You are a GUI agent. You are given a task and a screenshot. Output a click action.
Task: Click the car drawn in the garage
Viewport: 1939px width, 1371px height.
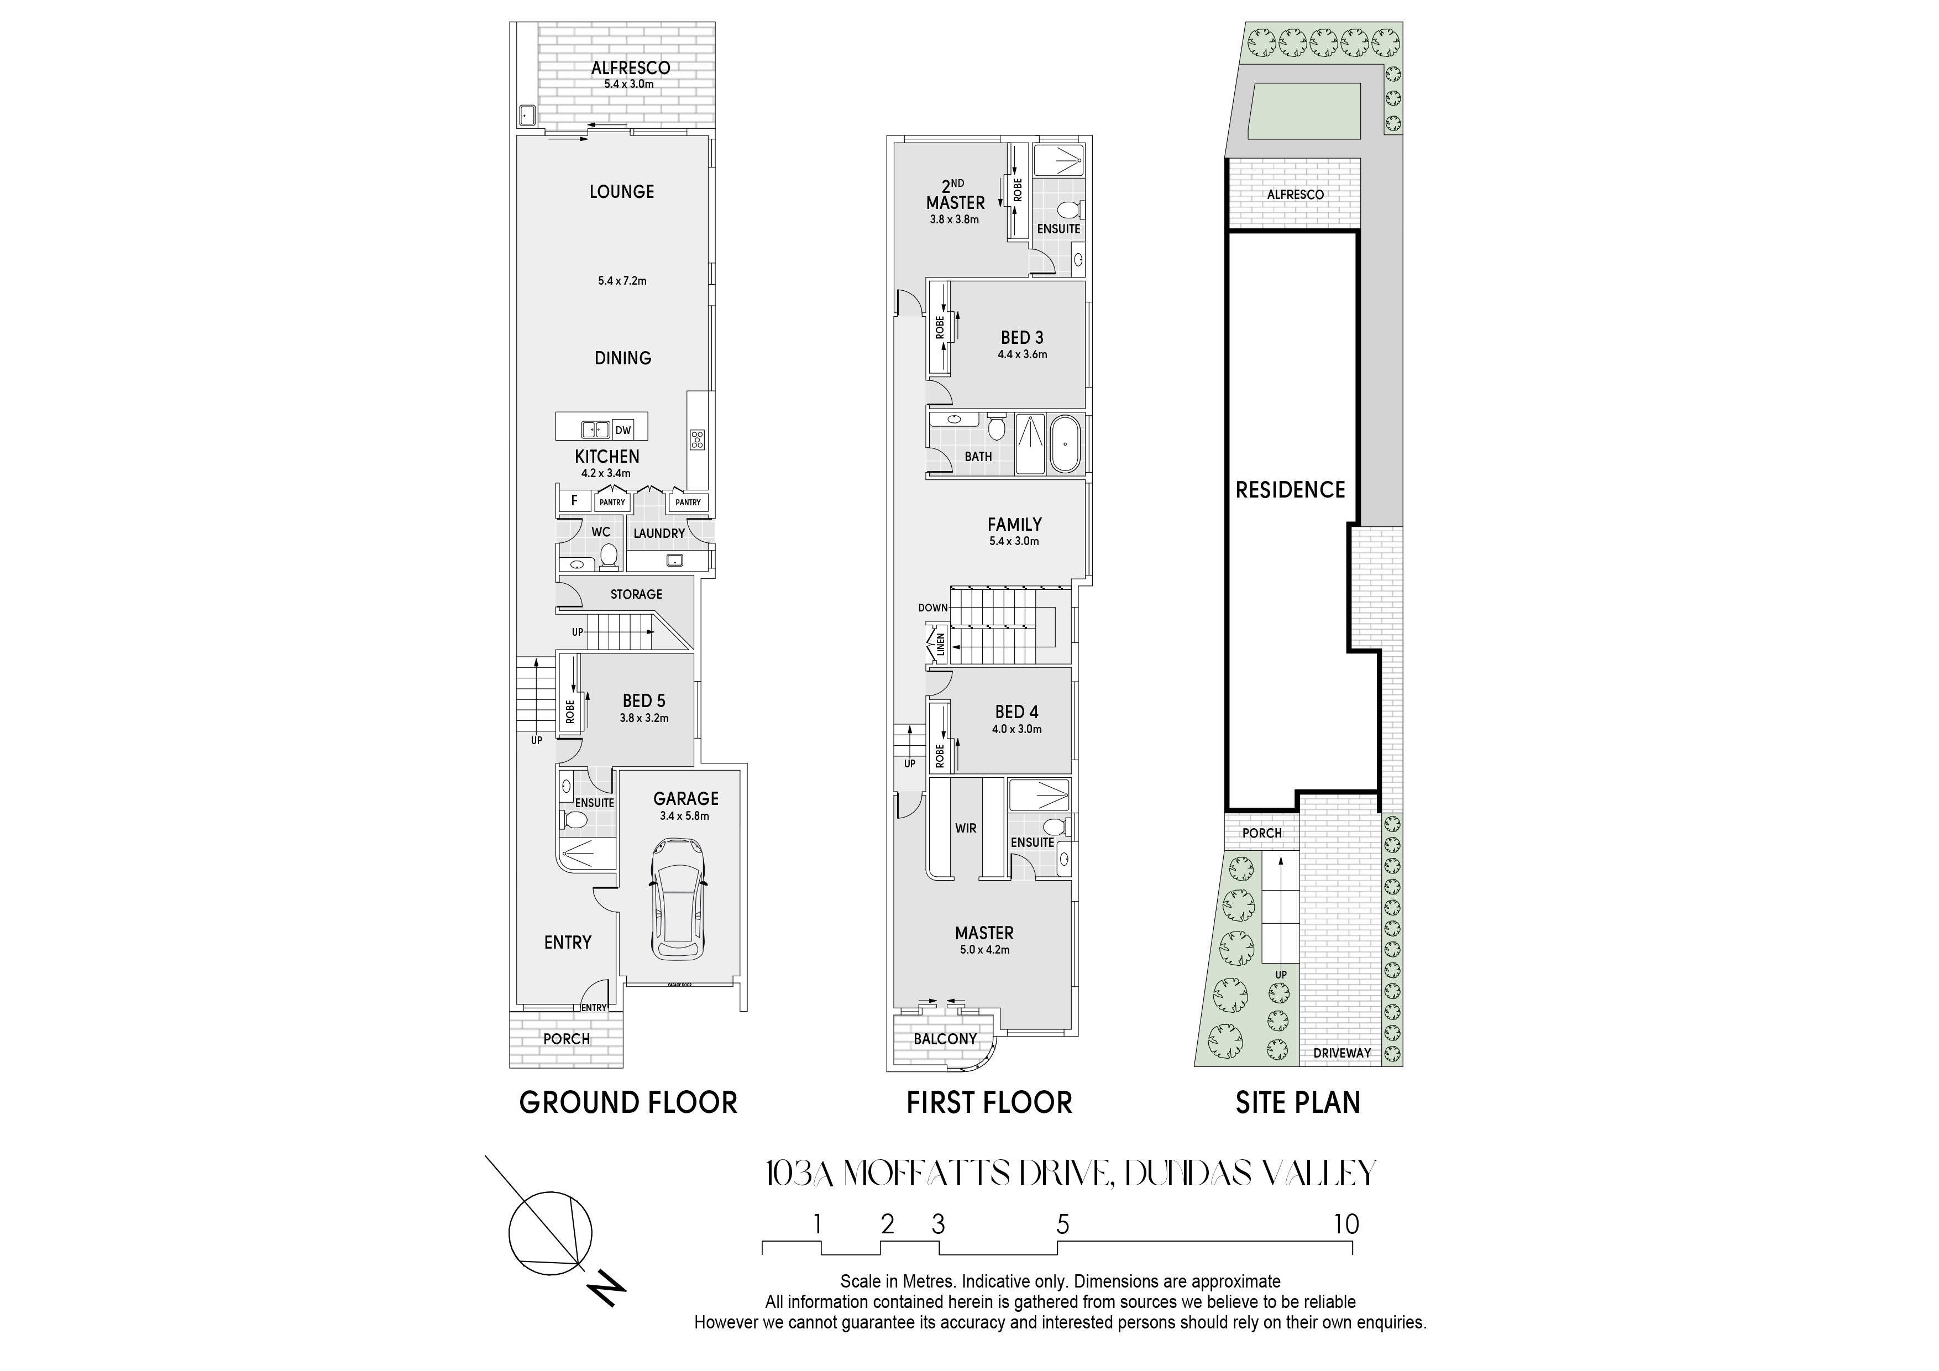coord(679,899)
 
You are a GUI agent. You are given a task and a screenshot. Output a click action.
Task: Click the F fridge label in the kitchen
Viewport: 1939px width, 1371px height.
coord(574,501)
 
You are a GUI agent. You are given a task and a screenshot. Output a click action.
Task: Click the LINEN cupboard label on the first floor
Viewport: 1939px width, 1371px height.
coord(940,645)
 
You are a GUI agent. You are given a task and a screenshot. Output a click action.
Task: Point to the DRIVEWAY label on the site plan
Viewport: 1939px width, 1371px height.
coord(1342,1053)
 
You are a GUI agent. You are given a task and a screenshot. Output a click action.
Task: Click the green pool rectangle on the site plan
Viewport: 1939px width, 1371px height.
coord(1305,111)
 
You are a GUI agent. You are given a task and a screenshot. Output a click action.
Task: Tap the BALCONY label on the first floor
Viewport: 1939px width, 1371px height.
coord(945,1039)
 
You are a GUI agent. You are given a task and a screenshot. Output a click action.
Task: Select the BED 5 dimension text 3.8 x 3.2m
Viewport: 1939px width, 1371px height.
coord(644,719)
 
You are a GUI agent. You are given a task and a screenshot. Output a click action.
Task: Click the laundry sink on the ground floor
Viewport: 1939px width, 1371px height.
coord(674,560)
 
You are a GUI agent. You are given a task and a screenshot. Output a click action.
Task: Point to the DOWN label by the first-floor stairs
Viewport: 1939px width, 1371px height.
coord(933,608)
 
